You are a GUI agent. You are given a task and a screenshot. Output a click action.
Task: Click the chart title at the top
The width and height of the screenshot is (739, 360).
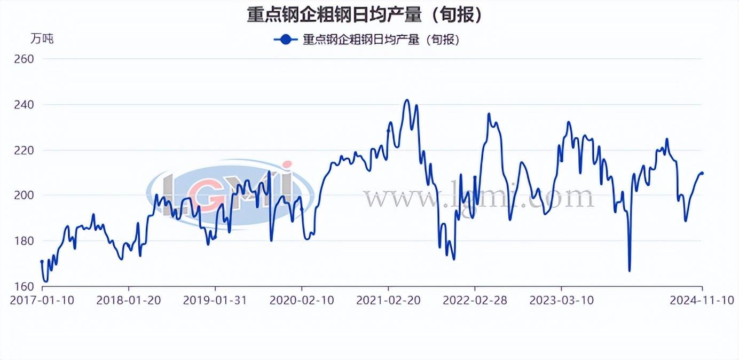365,14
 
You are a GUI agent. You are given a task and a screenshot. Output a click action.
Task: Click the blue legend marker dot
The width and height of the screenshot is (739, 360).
286,40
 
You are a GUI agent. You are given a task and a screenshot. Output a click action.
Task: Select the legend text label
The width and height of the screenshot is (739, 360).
381,40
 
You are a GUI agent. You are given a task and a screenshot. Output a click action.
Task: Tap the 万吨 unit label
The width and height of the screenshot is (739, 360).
42,38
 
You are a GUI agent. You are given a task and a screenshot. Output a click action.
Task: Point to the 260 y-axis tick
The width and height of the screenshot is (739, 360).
23,59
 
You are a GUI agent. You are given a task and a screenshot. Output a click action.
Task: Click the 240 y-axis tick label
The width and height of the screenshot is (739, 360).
23,104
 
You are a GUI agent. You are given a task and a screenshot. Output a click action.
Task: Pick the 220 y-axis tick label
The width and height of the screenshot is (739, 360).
23,150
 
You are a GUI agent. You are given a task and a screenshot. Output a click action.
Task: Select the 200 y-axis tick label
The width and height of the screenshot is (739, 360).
23,195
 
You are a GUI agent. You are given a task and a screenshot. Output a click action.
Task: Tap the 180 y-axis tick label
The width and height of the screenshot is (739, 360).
23,241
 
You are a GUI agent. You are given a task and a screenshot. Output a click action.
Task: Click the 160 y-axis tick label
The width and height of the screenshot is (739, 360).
23,287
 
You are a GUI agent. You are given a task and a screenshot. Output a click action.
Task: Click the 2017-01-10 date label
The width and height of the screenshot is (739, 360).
42,300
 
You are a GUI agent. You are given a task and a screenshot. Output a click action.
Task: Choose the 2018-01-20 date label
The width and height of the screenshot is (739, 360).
129,300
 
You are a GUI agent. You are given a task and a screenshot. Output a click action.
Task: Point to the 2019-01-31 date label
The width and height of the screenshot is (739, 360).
215,300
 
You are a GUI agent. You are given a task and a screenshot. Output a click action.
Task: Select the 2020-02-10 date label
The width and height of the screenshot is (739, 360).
302,300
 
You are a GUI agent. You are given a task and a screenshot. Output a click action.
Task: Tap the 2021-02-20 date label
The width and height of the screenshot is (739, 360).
388,300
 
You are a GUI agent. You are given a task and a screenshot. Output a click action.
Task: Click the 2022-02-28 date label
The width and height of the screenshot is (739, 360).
475,300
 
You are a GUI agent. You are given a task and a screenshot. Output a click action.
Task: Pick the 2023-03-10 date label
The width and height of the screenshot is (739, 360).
561,300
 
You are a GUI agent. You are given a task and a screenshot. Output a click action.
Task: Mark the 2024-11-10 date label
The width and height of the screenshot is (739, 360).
702,300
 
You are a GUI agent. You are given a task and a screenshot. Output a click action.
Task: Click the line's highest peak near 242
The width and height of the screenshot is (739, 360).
407,100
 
